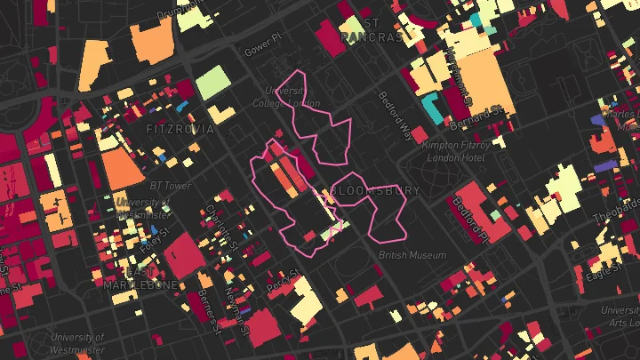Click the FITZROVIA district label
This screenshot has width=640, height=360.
coord(180,129)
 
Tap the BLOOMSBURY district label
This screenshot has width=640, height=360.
coord(375,190)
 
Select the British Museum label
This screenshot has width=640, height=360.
coord(412,255)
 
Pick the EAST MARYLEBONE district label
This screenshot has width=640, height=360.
coord(141,278)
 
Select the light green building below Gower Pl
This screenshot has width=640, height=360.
coord(212,83)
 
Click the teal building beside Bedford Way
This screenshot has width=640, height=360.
coord(434,108)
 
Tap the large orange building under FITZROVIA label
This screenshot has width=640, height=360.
coord(122,168)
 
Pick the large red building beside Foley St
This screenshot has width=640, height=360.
coord(183,255)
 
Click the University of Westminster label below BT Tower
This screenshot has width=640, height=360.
coord(140,208)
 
